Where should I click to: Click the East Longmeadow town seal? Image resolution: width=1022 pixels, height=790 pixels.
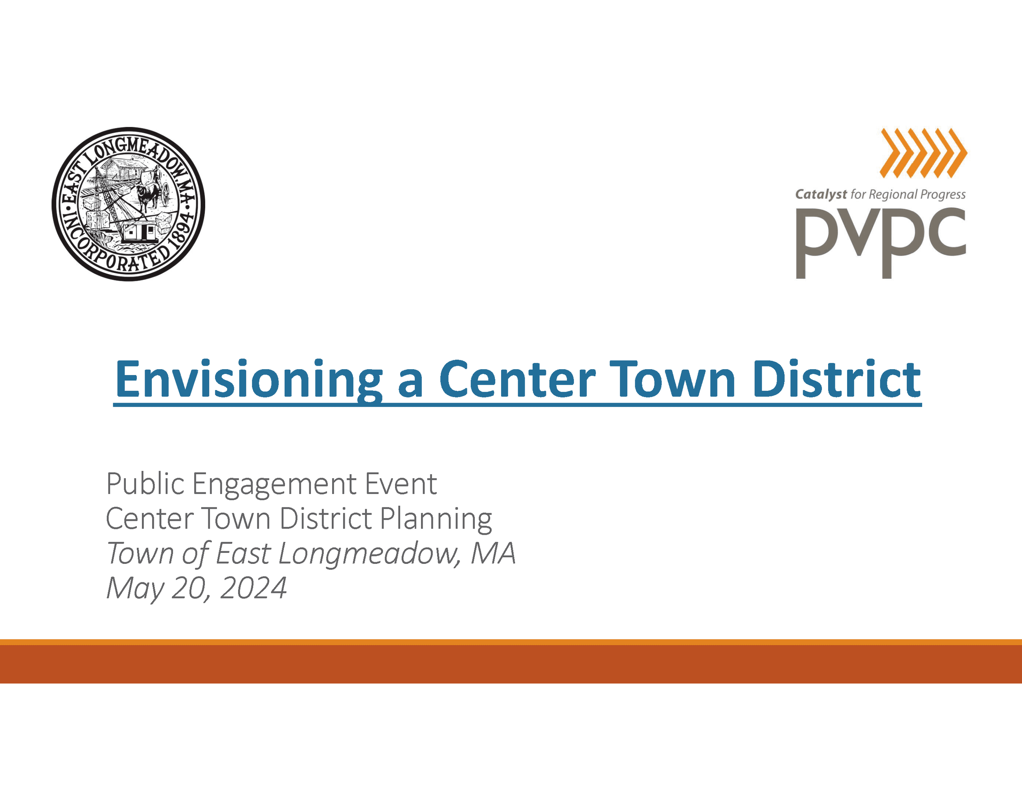pos(128,204)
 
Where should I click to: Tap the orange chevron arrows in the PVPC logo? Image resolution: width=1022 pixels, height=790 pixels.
pos(923,153)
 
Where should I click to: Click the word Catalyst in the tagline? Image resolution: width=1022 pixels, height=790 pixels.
pos(821,195)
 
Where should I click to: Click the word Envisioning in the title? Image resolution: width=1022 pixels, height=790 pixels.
pos(248,379)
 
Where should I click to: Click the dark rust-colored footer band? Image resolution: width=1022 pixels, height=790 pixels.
pos(511,664)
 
